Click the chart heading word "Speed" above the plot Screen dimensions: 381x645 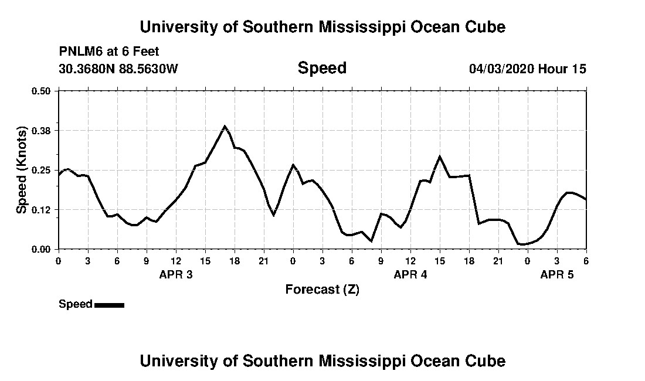pos(322,68)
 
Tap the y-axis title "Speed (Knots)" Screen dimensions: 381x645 pos(22,170)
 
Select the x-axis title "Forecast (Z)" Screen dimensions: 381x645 pos(322,289)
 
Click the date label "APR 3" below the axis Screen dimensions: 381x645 pos(176,274)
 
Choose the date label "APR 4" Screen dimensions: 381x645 pos(410,274)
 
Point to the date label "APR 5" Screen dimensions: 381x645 pos(557,274)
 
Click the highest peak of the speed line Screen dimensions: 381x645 pos(225,126)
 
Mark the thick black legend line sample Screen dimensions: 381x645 pos(109,305)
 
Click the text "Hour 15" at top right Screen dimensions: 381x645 pos(562,69)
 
